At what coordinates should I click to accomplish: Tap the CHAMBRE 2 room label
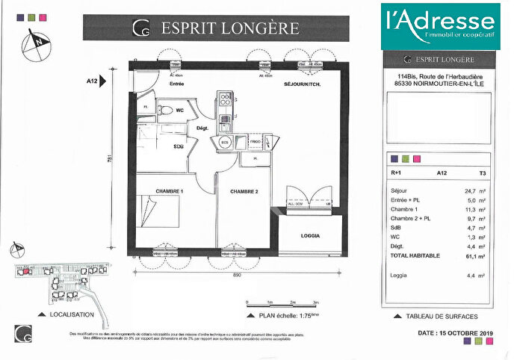pyautogui.click(x=244, y=192)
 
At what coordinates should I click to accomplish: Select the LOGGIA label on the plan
pyautogui.click(x=311, y=235)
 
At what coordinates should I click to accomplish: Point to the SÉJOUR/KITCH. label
pyautogui.click(x=301, y=84)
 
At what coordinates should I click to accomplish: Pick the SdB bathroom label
pyautogui.click(x=179, y=146)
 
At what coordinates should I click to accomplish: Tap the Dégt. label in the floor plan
pyautogui.click(x=201, y=128)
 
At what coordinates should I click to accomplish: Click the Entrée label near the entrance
pyautogui.click(x=177, y=84)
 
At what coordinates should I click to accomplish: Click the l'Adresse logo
pyautogui.click(x=439, y=26)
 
